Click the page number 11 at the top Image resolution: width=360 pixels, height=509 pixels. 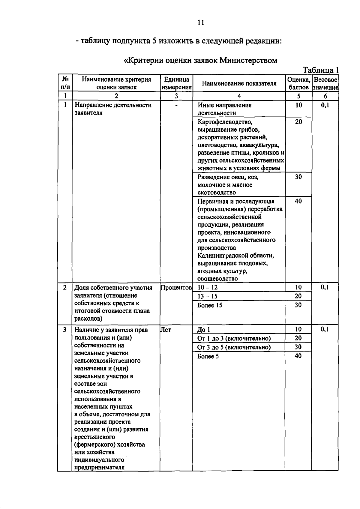201,22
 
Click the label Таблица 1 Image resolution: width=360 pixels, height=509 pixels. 320,70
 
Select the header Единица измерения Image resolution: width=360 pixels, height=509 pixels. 176,83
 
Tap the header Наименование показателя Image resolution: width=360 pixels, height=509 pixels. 239,83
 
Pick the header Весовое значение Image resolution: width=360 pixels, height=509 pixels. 325,83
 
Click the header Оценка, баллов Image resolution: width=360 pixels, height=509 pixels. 298,83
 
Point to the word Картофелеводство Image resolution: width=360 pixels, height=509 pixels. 225,122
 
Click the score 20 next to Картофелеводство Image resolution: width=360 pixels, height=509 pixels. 298,122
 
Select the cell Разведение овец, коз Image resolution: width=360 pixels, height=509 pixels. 228,177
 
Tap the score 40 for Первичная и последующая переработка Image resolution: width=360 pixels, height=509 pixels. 298,201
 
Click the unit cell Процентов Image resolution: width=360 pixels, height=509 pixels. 176,288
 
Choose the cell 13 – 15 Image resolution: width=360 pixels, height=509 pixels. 207,296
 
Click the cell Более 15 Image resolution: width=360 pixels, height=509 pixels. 210,305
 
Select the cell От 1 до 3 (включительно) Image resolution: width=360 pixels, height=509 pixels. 234,338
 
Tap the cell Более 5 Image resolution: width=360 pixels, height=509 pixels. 208,356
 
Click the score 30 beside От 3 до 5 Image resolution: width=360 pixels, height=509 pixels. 298,347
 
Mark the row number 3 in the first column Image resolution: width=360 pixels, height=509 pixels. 64,330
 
